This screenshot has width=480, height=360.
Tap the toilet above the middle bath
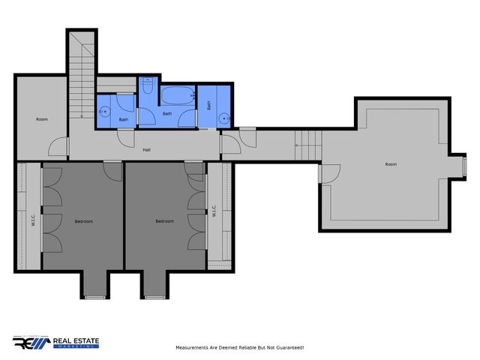coord(147,88)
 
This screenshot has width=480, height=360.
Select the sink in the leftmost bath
coord(105,112)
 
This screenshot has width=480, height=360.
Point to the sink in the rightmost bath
coord(223,117)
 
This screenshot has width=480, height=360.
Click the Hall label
coord(147,150)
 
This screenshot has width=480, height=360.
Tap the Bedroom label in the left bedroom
coord(84,221)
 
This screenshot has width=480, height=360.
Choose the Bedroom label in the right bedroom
coord(164,221)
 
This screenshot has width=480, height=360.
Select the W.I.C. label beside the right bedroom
coord(214,211)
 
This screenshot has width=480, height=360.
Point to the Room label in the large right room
coord(391,164)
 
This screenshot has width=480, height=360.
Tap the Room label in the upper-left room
coord(42,119)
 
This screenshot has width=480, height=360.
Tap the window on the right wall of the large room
coord(463,164)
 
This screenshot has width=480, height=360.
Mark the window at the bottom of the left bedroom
coord(95,298)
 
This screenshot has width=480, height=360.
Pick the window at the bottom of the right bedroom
coord(154,298)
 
